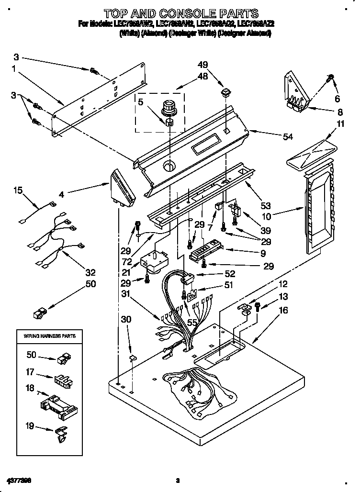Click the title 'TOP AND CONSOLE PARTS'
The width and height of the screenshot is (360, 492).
[x=181, y=13]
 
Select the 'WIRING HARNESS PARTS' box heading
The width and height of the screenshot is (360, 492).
[x=50, y=336]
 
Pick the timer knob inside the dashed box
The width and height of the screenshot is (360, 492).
[x=169, y=107]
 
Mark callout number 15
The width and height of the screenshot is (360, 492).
[x=18, y=190]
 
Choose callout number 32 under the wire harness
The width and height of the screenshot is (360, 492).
[x=90, y=273]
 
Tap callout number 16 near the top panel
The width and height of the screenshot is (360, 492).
[x=283, y=310]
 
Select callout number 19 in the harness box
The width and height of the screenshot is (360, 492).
[x=30, y=424]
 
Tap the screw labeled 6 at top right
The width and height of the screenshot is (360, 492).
[x=330, y=78]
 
